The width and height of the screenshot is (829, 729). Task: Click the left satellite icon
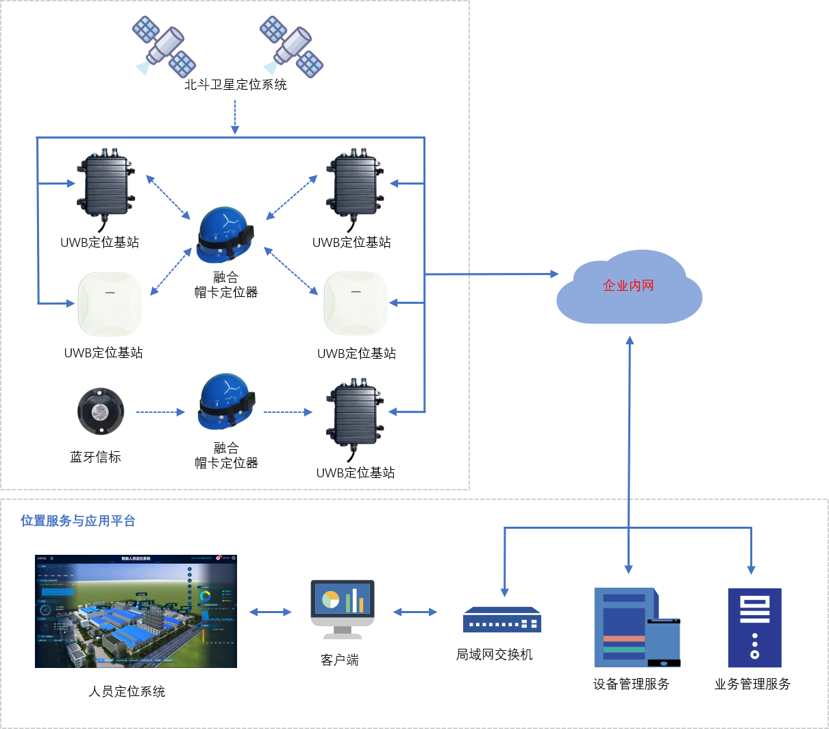(x=164, y=47)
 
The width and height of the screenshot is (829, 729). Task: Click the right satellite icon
(x=291, y=46)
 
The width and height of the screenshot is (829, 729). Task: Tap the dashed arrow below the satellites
(x=235, y=117)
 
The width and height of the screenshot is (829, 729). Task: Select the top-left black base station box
(x=106, y=185)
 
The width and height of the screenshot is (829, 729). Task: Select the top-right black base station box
(x=355, y=186)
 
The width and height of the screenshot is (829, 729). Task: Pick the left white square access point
(x=110, y=304)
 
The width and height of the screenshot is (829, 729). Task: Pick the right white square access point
(x=356, y=304)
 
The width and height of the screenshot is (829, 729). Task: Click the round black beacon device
(x=101, y=411)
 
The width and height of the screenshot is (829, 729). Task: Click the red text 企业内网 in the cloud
(x=628, y=286)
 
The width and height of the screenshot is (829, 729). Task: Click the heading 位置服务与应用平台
(x=78, y=521)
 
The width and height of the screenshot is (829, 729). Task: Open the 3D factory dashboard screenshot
(x=136, y=611)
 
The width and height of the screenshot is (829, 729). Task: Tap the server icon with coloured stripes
(x=636, y=627)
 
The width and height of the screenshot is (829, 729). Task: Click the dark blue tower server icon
(x=754, y=627)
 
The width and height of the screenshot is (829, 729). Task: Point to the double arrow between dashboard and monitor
(x=270, y=612)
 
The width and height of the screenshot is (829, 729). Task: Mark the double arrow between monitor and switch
(x=415, y=612)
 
